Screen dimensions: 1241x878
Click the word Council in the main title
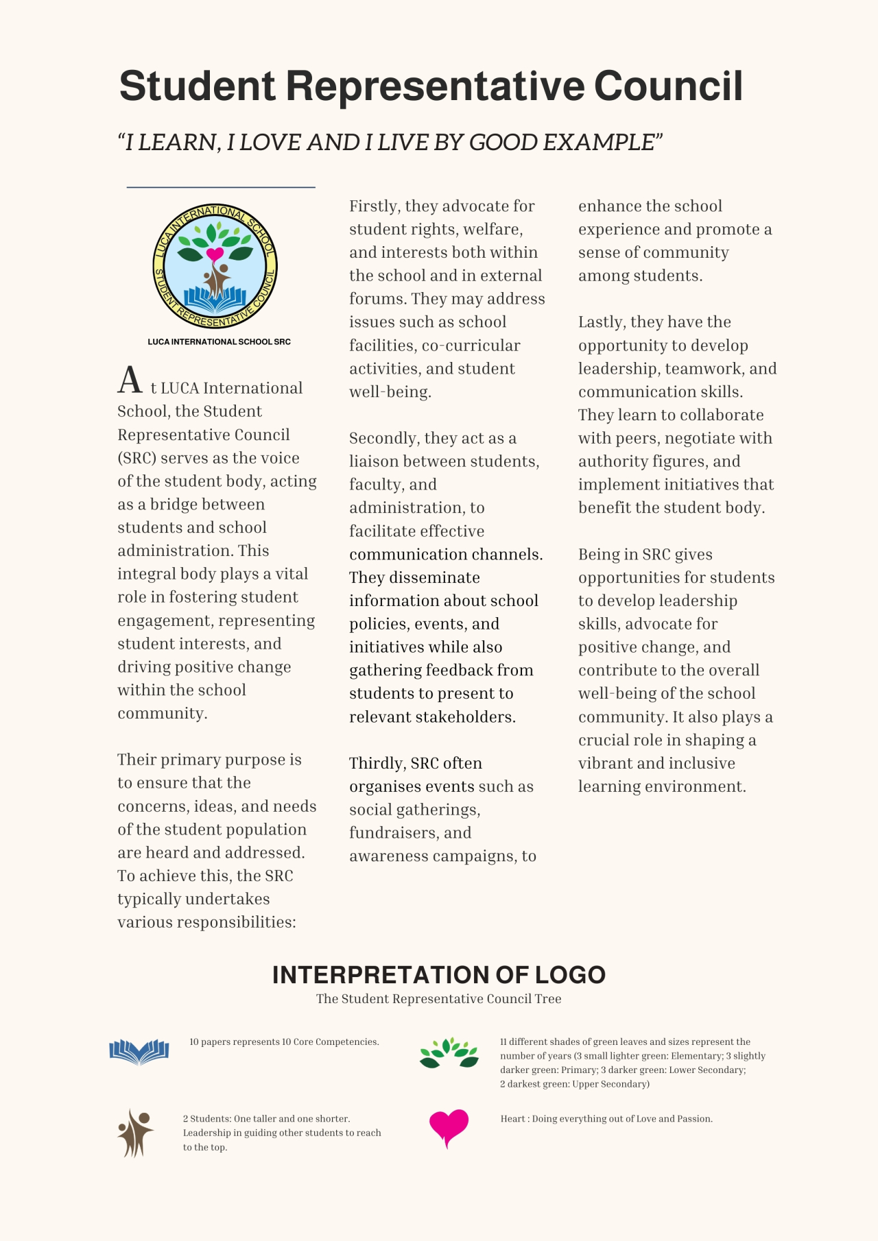668,86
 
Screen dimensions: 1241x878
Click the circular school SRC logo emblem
215,267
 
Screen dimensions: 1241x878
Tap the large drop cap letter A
130,381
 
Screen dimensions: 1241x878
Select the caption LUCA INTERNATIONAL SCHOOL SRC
219,341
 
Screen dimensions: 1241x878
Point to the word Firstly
375,206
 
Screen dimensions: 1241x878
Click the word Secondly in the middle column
384,438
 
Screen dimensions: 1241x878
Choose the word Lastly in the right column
602,322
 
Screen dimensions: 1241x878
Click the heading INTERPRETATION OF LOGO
438,975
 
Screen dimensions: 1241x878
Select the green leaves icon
449,1053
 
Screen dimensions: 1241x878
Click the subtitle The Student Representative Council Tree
438,999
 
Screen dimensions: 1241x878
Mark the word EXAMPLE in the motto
599,143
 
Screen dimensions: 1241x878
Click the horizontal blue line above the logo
221,187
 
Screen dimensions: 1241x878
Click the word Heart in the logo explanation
513,1119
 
